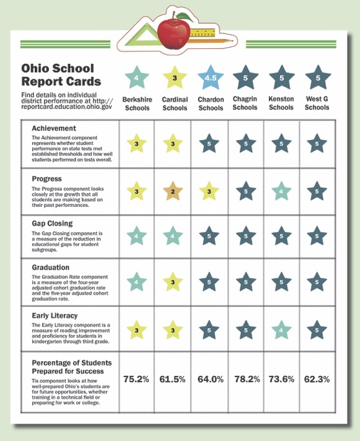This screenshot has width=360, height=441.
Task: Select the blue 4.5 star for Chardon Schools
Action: click(x=210, y=79)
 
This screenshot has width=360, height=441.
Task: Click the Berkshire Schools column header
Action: click(x=136, y=103)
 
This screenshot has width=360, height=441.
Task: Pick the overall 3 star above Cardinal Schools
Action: click(x=174, y=79)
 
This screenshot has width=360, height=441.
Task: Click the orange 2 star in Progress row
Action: click(x=174, y=191)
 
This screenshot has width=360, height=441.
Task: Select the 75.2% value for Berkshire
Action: click(x=136, y=379)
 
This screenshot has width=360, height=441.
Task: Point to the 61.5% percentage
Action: click(x=174, y=379)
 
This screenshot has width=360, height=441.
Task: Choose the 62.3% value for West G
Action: click(x=317, y=379)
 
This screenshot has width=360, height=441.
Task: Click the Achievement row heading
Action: click(x=54, y=128)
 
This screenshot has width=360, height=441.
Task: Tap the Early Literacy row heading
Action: click(x=56, y=316)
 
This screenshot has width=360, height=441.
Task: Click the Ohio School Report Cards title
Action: click(x=61, y=75)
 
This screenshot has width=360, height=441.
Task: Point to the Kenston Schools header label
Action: click(x=281, y=103)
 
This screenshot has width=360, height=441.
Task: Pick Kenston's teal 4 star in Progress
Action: click(x=281, y=191)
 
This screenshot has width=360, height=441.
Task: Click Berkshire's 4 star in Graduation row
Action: click(x=136, y=282)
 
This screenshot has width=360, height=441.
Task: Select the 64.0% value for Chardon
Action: click(x=210, y=379)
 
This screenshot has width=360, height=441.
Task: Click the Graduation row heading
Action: click(x=52, y=266)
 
